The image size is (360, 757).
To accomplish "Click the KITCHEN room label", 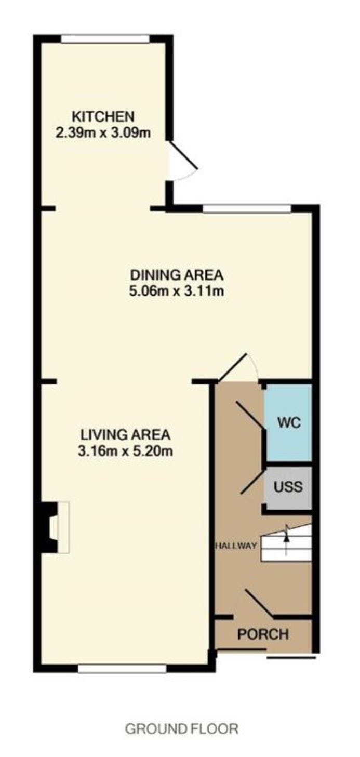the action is [x=103, y=116].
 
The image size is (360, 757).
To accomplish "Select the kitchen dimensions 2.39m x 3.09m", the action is [x=103, y=132].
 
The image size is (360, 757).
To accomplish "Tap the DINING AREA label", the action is [x=177, y=275].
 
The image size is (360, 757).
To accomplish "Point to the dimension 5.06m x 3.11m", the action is [x=177, y=290].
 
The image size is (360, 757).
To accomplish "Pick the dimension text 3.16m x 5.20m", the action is [x=125, y=451].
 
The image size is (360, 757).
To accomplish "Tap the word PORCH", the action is [x=263, y=634].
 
